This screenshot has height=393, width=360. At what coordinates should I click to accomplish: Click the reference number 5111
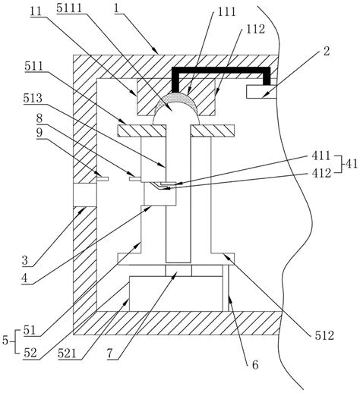[69, 8]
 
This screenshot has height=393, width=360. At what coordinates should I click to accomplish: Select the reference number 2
[327, 51]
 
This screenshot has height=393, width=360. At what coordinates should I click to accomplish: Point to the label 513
[33, 99]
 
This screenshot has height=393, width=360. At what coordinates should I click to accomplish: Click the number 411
[321, 156]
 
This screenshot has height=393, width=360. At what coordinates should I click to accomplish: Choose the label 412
[321, 174]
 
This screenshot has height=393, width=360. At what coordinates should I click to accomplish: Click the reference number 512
[324, 335]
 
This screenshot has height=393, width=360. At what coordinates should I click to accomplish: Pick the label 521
[67, 354]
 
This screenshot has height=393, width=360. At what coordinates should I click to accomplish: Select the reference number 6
[255, 365]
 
